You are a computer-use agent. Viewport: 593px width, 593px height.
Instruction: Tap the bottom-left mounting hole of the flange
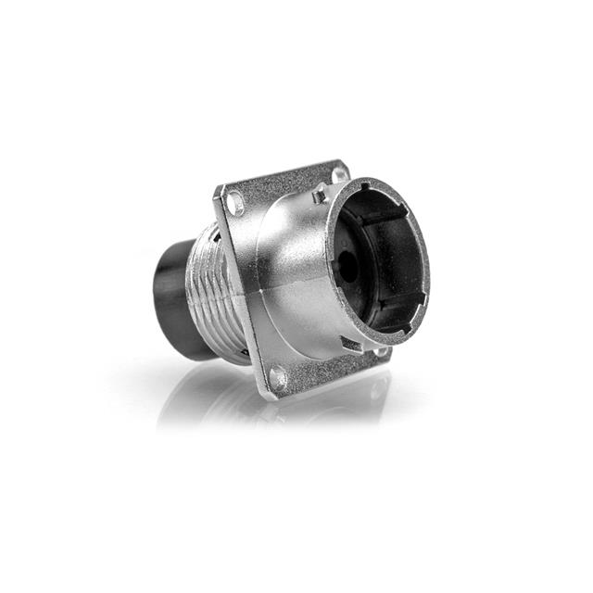(276, 377)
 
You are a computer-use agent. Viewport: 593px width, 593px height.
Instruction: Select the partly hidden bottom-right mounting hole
(381, 350)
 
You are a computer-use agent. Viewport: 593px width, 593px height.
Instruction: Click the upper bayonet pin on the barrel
(320, 193)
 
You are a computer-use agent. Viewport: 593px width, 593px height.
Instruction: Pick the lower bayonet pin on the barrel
(349, 344)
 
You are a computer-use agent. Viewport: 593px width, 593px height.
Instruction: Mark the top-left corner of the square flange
(219, 189)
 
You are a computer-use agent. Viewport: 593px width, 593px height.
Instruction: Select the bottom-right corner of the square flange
(389, 356)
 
